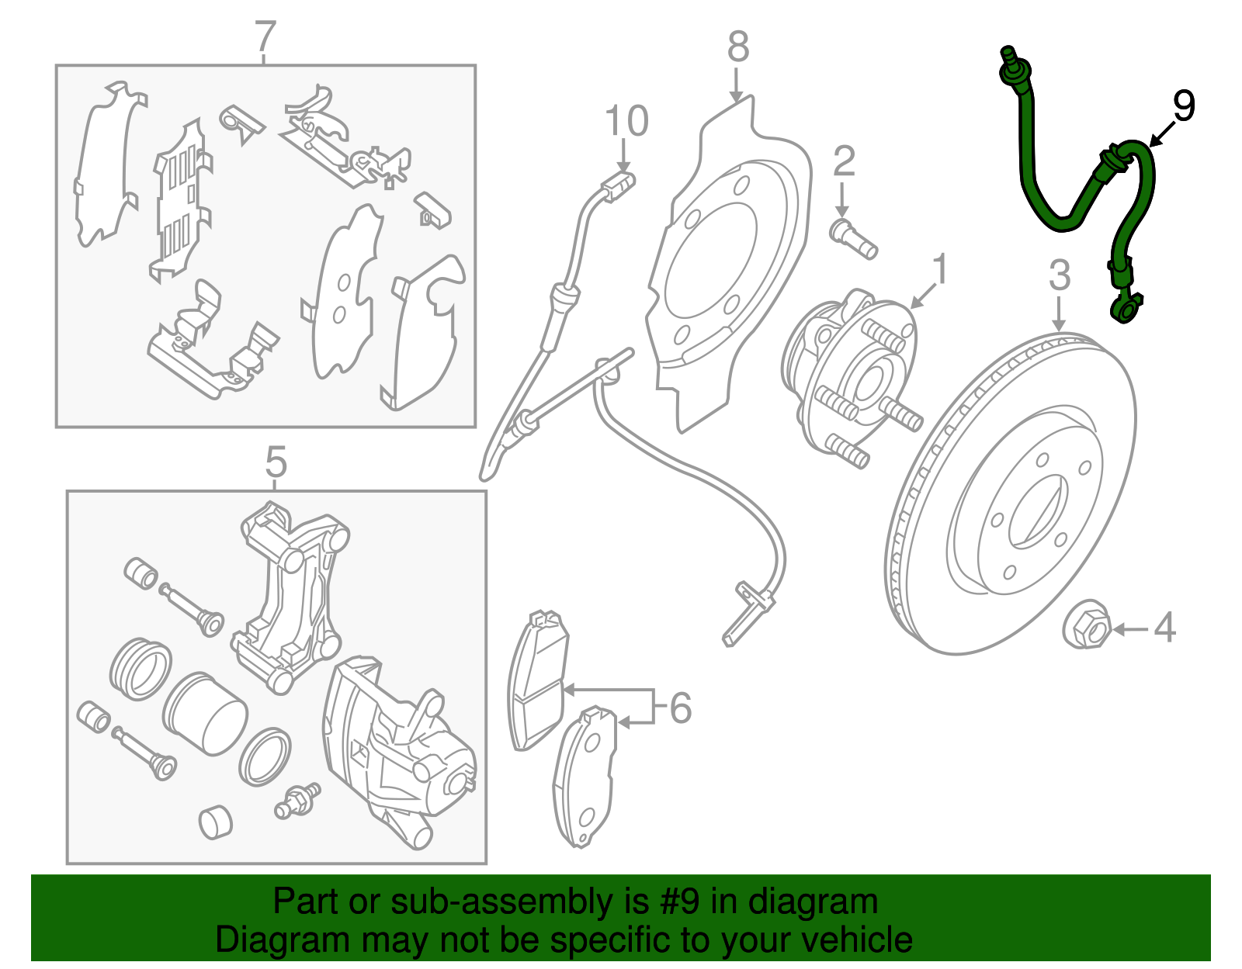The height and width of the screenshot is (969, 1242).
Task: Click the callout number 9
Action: click(x=1183, y=106)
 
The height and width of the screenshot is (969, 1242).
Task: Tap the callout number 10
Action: click(x=626, y=122)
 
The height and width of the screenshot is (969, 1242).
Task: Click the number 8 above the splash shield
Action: click(x=738, y=47)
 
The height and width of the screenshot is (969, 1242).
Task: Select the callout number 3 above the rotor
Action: click(x=1060, y=276)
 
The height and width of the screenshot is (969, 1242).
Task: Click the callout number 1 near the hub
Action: click(x=940, y=270)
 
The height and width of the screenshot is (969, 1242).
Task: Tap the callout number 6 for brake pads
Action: click(x=680, y=708)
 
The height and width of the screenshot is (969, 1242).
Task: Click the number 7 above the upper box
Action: click(x=265, y=36)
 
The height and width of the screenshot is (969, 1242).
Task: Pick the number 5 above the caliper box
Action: click(x=276, y=463)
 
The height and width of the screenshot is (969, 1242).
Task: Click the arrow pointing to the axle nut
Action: click(x=1130, y=629)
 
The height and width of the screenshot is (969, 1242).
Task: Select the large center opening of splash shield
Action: click(x=710, y=261)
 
